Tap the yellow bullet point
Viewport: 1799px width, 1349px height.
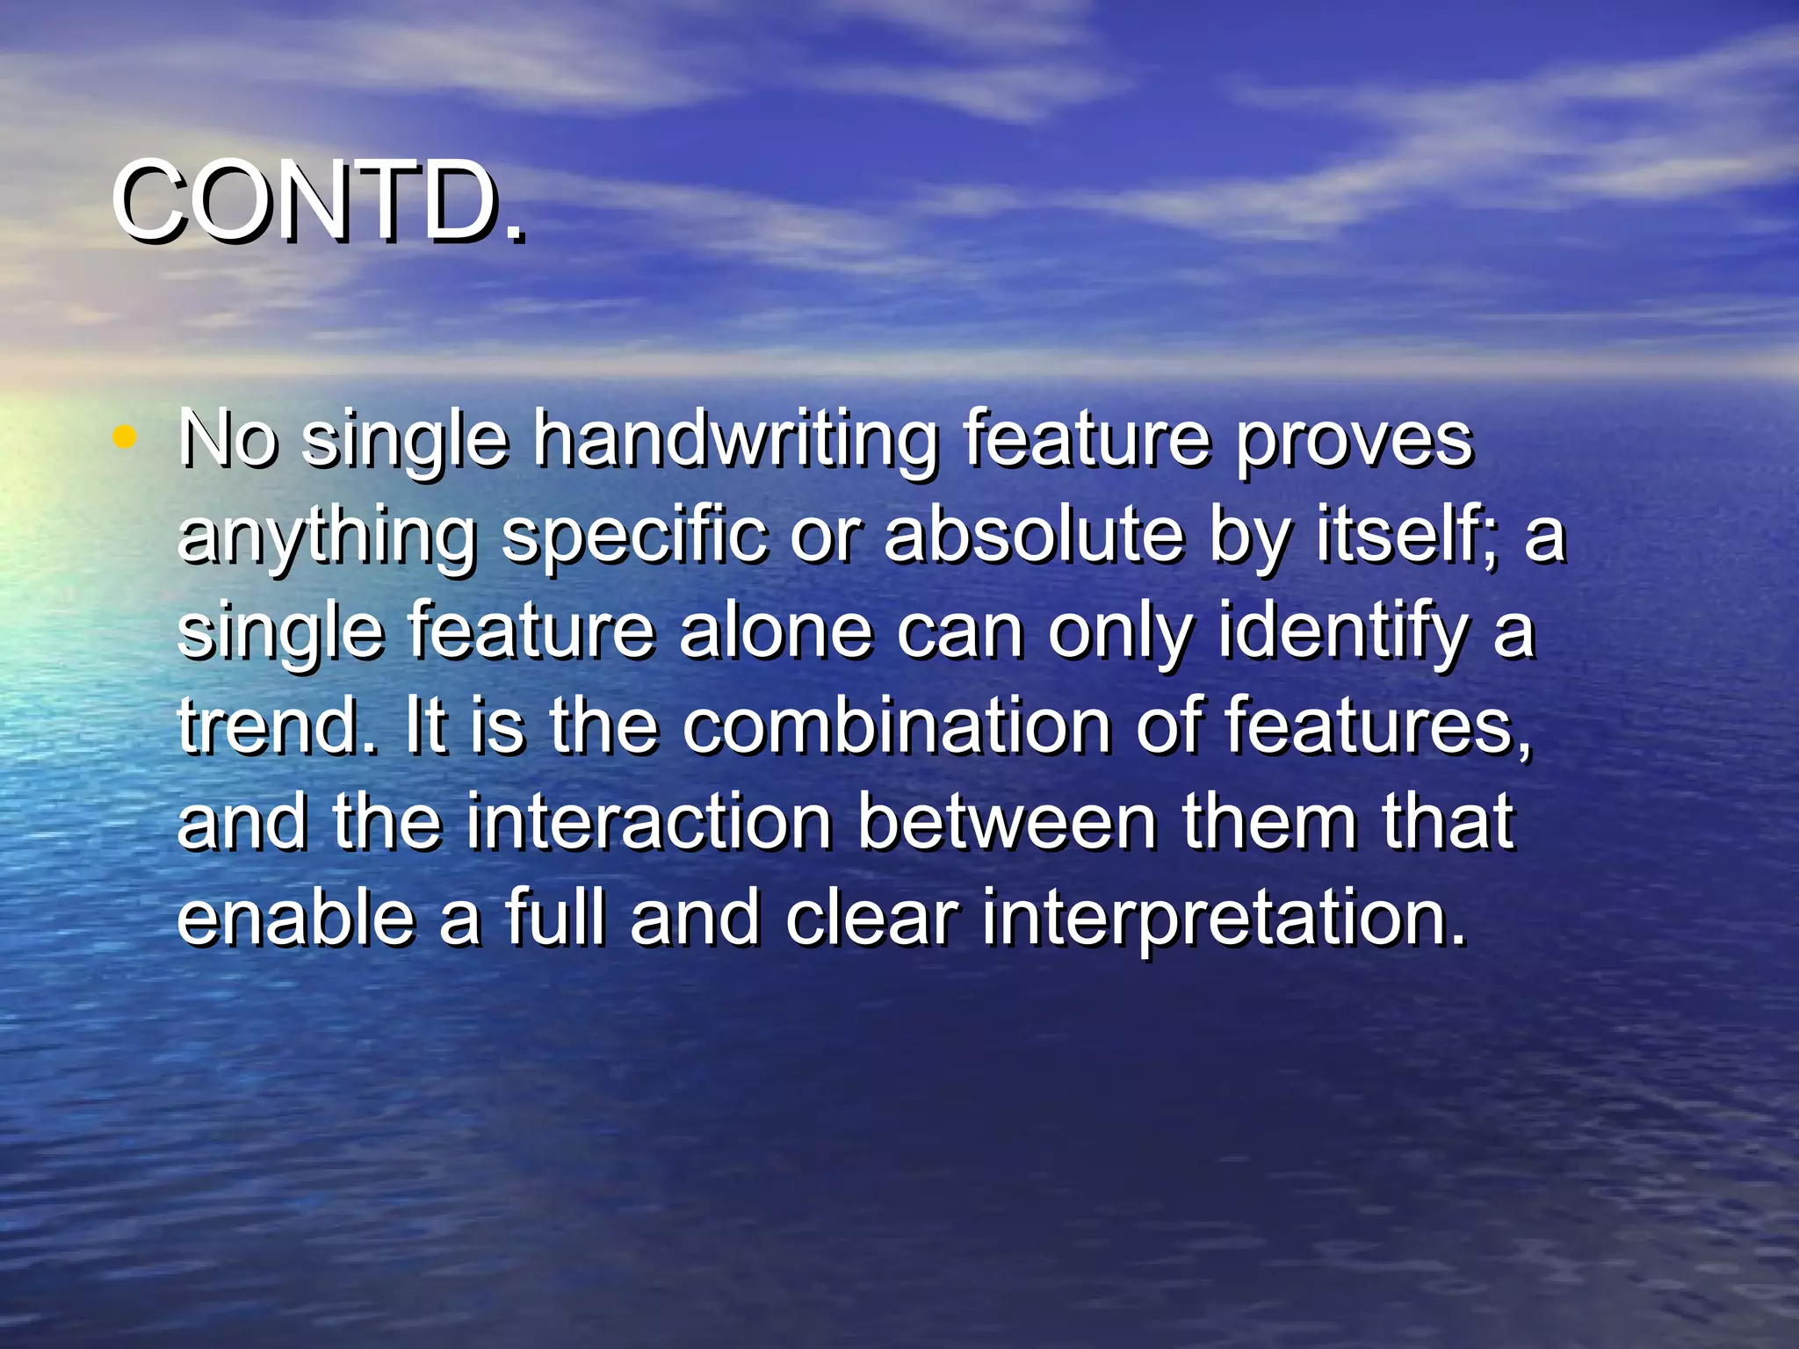pos(125,436)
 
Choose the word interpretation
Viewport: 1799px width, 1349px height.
pos(1222,920)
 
